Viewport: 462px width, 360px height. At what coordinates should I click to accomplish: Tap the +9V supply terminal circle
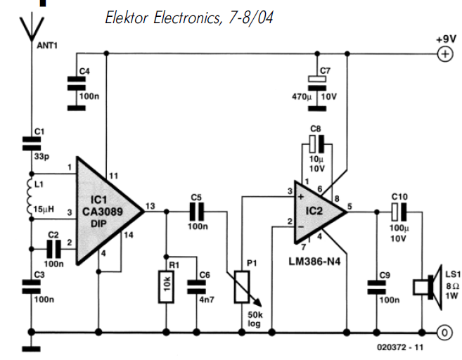coord(444,53)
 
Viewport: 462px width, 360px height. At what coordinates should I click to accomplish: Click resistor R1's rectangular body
coord(167,287)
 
